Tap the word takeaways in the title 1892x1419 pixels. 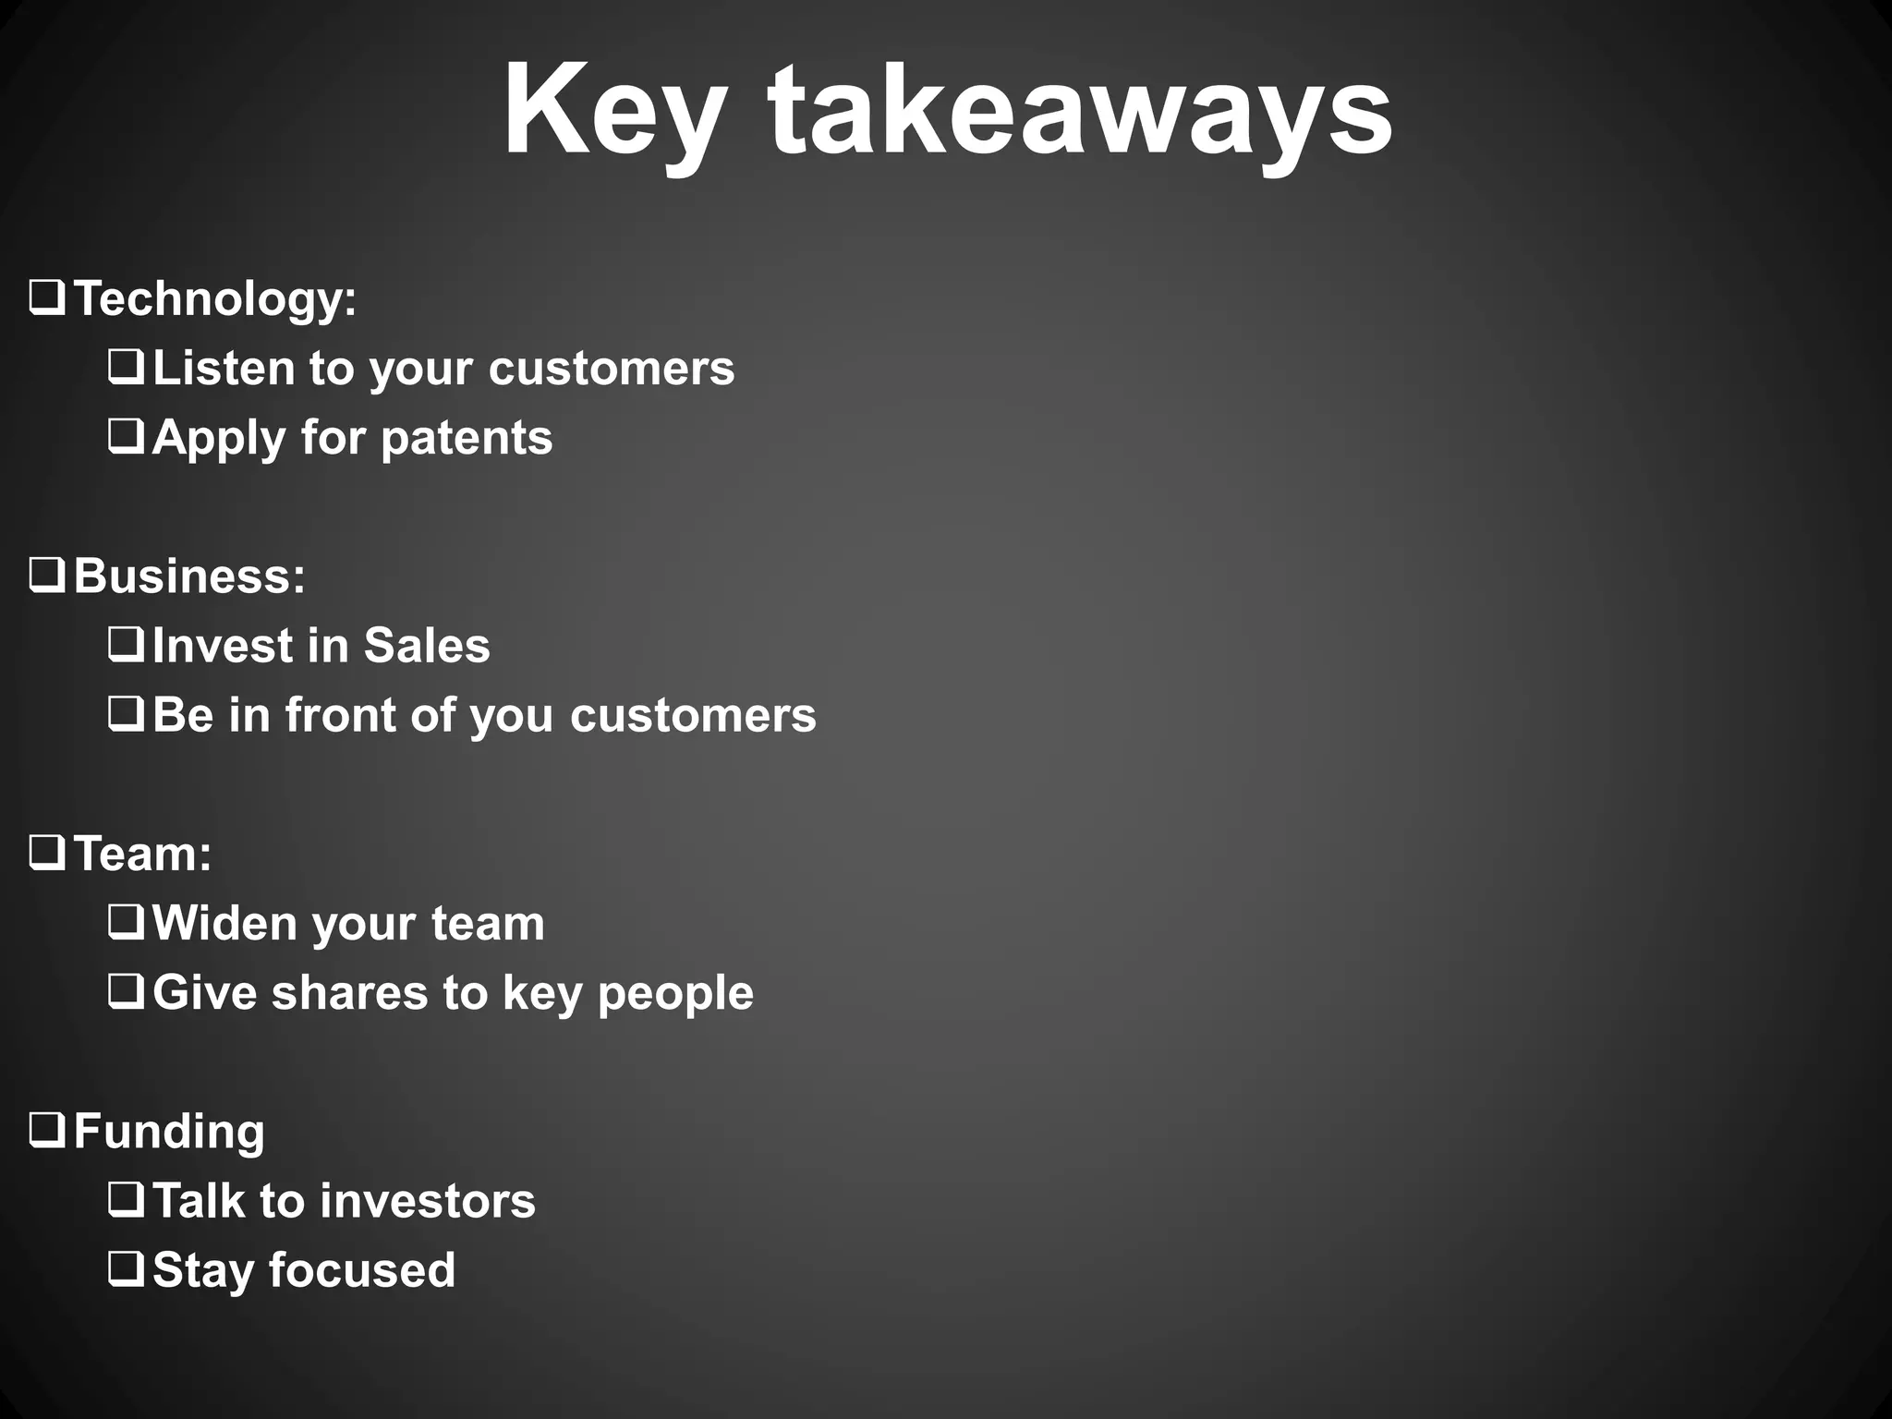(1080, 113)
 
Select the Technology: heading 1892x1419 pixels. (214, 299)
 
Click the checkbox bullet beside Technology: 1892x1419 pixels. (46, 298)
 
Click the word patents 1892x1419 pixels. (467, 438)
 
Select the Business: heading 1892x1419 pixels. (189, 576)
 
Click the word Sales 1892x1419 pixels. (427, 645)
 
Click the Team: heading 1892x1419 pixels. (142, 854)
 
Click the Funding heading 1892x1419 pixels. (169, 1132)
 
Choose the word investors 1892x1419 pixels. (427, 1201)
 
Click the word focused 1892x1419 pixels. (362, 1270)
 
